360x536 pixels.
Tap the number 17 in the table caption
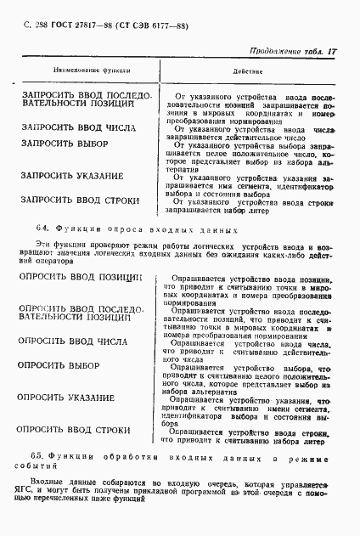tap(332, 52)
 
